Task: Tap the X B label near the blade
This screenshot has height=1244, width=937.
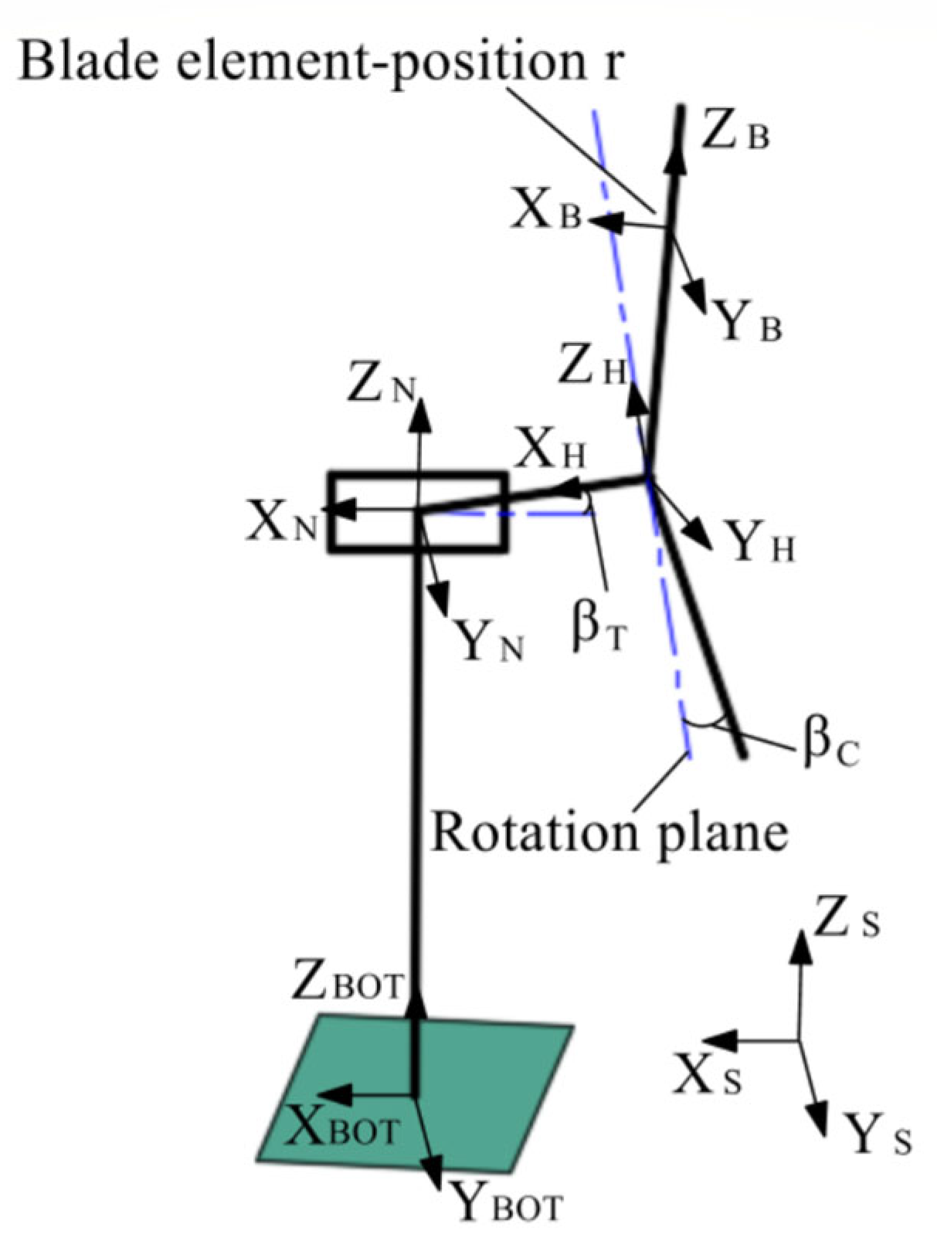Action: tap(546, 215)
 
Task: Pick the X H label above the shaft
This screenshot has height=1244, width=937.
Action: tap(549, 451)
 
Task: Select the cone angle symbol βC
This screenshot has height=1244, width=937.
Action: tap(830, 745)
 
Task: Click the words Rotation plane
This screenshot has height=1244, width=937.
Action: tap(609, 832)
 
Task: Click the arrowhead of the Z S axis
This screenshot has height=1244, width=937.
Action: tap(801, 943)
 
